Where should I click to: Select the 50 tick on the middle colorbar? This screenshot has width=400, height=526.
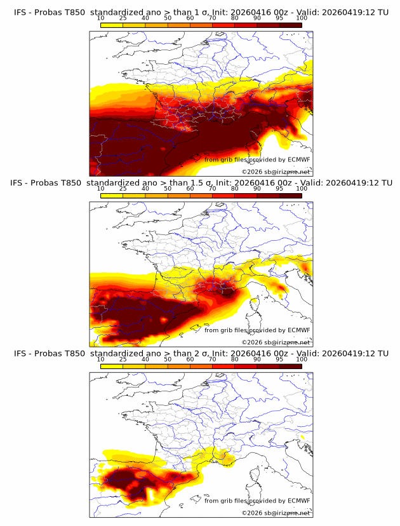[168, 189]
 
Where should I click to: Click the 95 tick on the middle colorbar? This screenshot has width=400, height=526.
[279, 189]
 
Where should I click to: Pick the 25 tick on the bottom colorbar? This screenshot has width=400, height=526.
[123, 360]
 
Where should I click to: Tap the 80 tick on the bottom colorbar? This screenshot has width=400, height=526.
[235, 360]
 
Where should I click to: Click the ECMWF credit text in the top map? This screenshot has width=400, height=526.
[257, 160]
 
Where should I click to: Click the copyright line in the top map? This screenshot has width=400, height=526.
[276, 172]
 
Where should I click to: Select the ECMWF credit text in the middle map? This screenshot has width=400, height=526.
[257, 330]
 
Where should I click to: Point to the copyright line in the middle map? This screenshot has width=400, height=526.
[276, 342]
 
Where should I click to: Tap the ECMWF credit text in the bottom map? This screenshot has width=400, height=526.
[257, 501]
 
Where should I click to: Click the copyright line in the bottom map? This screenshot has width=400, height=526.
[276, 513]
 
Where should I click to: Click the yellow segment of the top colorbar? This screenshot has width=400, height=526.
[112, 25]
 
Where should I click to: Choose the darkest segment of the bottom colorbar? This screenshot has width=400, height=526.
[291, 367]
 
